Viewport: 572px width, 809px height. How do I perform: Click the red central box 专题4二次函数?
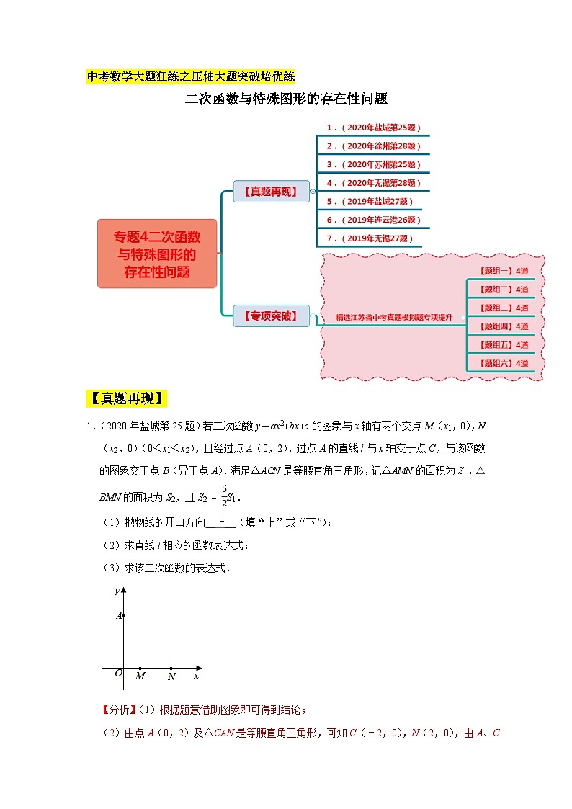(x=157, y=254)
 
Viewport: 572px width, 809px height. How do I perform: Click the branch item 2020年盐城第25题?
(x=372, y=128)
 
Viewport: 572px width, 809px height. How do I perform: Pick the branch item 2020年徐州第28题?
(x=372, y=146)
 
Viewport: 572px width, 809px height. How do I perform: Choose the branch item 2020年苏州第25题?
(x=372, y=164)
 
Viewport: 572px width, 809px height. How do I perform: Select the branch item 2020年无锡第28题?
(x=372, y=183)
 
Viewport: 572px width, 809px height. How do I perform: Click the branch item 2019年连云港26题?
(x=372, y=220)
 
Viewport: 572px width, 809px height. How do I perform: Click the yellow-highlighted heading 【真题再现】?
(x=126, y=399)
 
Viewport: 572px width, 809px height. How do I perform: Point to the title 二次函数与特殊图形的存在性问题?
(x=286, y=99)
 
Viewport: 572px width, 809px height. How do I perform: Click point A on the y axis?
(x=124, y=615)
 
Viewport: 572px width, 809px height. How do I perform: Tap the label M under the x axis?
(x=140, y=676)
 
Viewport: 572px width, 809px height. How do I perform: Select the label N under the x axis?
(x=171, y=676)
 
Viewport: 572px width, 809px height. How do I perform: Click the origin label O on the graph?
(x=118, y=674)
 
